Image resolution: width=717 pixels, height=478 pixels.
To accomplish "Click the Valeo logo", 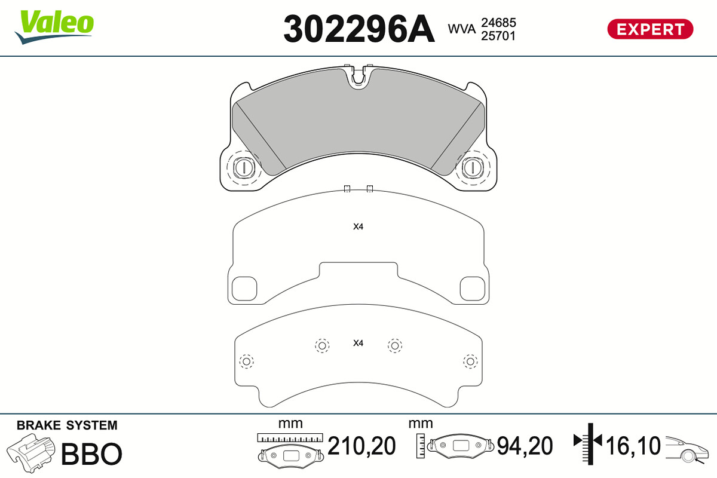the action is pyautogui.click(x=54, y=27).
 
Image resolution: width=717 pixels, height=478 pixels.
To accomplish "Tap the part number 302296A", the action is pyautogui.click(x=359, y=29).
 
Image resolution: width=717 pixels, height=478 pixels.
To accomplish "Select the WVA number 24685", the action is pyautogui.click(x=498, y=23).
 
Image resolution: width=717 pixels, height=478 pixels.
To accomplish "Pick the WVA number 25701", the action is pyautogui.click(x=498, y=36).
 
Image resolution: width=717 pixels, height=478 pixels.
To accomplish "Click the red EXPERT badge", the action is pyautogui.click(x=650, y=29).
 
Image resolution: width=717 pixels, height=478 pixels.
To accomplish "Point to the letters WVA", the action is pyautogui.click(x=461, y=29).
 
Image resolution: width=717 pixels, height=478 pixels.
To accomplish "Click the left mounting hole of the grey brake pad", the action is pyautogui.click(x=244, y=167).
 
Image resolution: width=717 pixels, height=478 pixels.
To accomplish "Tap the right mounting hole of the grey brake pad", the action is pyautogui.click(x=473, y=167).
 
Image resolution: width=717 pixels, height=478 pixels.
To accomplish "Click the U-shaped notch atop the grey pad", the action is pyautogui.click(x=358, y=77).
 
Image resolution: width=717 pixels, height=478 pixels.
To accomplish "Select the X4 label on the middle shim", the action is pyautogui.click(x=358, y=226).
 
